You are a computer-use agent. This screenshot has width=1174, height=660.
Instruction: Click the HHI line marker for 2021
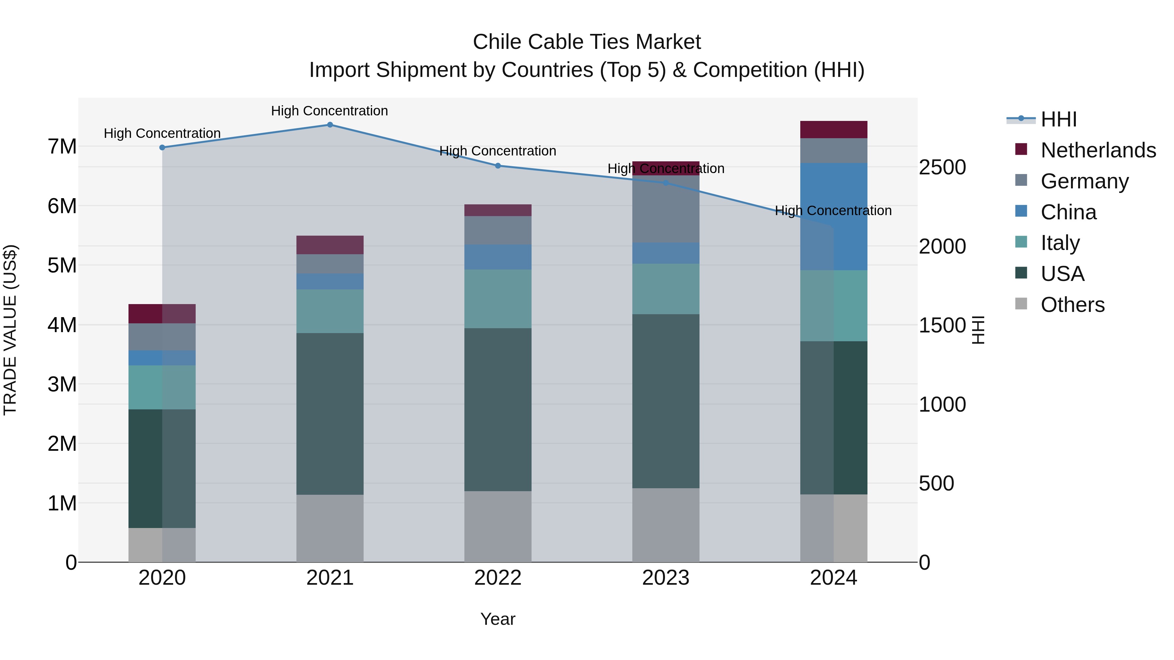pos(330,125)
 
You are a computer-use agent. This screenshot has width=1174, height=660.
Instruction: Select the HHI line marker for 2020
pos(162,148)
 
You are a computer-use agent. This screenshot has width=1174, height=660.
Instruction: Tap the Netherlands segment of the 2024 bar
pos(834,130)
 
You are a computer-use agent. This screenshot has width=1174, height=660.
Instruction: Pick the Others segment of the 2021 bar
pos(330,528)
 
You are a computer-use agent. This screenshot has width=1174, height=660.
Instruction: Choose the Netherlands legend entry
pos(1098,150)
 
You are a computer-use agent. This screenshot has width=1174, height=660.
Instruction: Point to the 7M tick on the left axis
pos(62,147)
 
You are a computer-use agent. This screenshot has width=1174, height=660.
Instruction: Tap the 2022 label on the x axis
pos(498,578)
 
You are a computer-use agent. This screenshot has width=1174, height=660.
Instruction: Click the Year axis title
pos(498,619)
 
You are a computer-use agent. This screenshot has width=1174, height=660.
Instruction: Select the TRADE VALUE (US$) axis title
pos(10,330)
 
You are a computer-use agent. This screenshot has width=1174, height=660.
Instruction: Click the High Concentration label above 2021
pos(329,111)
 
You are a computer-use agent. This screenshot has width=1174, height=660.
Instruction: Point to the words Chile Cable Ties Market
pos(587,42)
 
